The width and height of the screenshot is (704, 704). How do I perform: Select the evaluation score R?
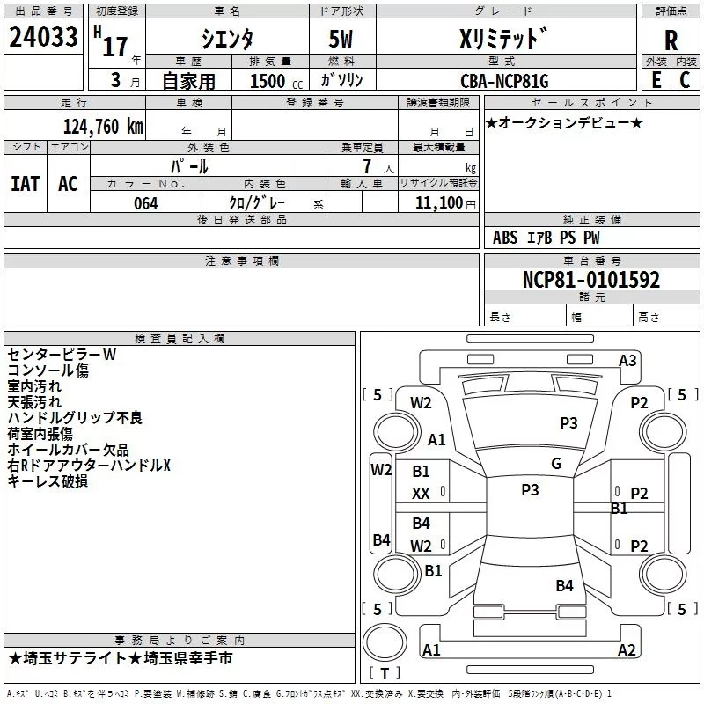(671, 40)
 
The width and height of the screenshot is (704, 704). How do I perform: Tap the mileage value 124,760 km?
(104, 126)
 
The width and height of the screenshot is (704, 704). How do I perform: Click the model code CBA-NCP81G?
(504, 81)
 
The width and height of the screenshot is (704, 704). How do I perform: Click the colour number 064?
(145, 203)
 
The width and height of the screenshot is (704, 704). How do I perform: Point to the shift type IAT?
(26, 184)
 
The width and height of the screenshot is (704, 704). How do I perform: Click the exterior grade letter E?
(656, 80)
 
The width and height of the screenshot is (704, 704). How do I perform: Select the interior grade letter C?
(686, 80)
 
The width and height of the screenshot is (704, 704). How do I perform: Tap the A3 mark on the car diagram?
(627, 360)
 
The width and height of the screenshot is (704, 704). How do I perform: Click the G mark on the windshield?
(555, 464)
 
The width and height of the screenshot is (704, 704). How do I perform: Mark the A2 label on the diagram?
(627, 650)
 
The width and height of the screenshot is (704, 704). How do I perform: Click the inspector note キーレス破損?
(48, 481)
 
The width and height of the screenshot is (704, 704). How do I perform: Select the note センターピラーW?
(62, 355)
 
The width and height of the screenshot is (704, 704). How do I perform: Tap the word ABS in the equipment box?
(505, 238)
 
